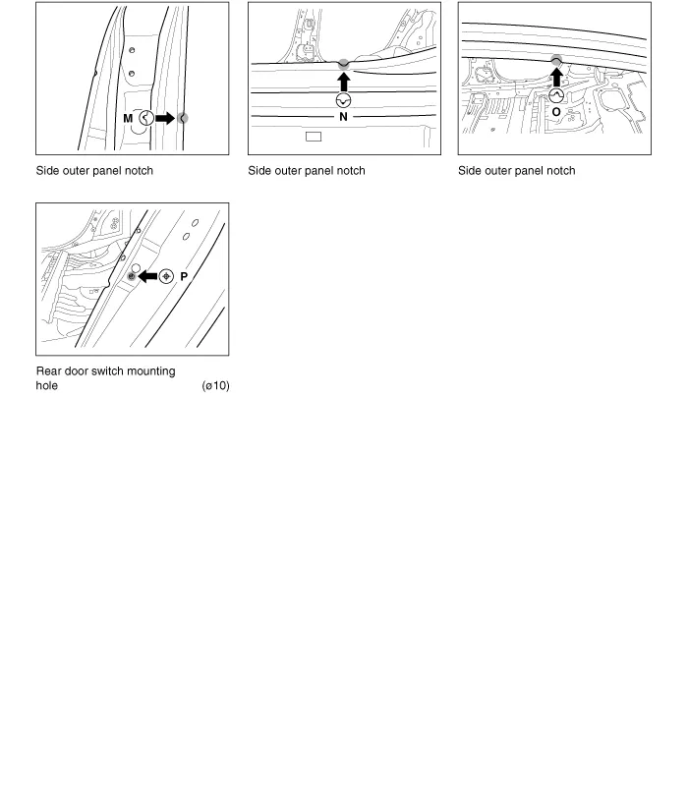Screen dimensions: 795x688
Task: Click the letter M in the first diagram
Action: coord(128,118)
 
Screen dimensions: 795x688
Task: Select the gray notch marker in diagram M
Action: coord(183,118)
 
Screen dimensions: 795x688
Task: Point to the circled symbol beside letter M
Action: coord(145,118)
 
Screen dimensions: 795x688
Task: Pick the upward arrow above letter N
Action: coord(343,81)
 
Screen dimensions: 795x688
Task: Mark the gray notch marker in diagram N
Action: coord(343,65)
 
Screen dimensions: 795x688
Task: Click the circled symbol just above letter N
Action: coord(343,99)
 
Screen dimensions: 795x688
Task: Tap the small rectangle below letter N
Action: coord(314,137)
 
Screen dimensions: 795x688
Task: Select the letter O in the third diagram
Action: coord(556,113)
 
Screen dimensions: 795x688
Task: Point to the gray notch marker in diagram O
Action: coord(556,61)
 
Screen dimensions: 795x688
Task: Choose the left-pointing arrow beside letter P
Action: coord(148,277)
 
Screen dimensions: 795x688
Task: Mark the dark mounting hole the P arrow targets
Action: coord(132,278)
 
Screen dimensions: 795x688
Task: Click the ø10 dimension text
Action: coord(214,386)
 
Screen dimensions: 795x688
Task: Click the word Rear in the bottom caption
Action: coord(49,371)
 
